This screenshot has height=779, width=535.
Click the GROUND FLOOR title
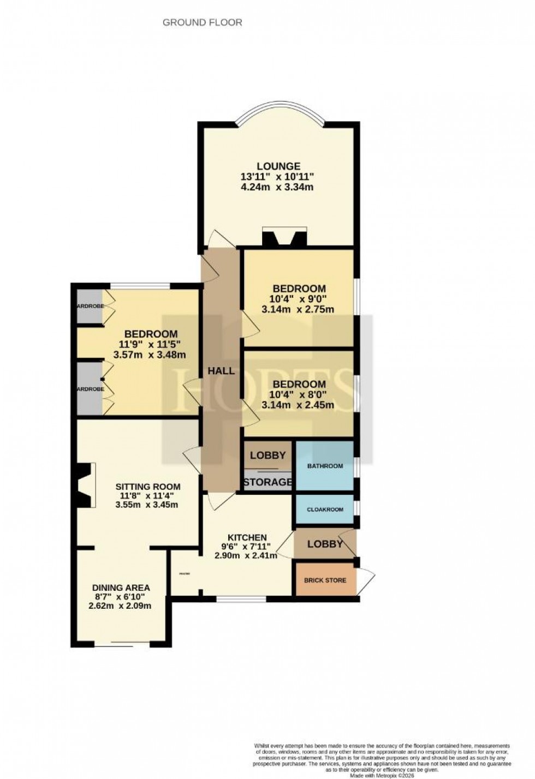click(203, 22)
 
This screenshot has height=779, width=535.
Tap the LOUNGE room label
click(278, 166)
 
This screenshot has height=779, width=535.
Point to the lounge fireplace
click(284, 238)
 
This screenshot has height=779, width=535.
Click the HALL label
click(221, 371)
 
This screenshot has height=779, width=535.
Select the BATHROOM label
click(325, 466)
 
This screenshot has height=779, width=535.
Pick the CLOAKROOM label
click(325, 510)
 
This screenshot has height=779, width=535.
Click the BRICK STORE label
click(325, 580)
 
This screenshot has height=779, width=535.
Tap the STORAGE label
click(267, 482)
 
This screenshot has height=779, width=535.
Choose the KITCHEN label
click(247, 538)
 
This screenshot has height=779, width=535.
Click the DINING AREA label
click(121, 588)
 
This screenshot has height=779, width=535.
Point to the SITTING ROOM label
click(148, 487)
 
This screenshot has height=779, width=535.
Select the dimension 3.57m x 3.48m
click(150, 355)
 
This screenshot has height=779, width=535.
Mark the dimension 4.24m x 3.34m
click(277, 187)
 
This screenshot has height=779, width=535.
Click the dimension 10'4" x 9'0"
click(299, 299)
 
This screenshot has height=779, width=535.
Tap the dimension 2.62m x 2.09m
click(120, 606)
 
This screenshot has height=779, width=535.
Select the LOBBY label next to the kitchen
click(325, 544)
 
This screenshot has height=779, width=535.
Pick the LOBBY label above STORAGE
click(267, 456)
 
